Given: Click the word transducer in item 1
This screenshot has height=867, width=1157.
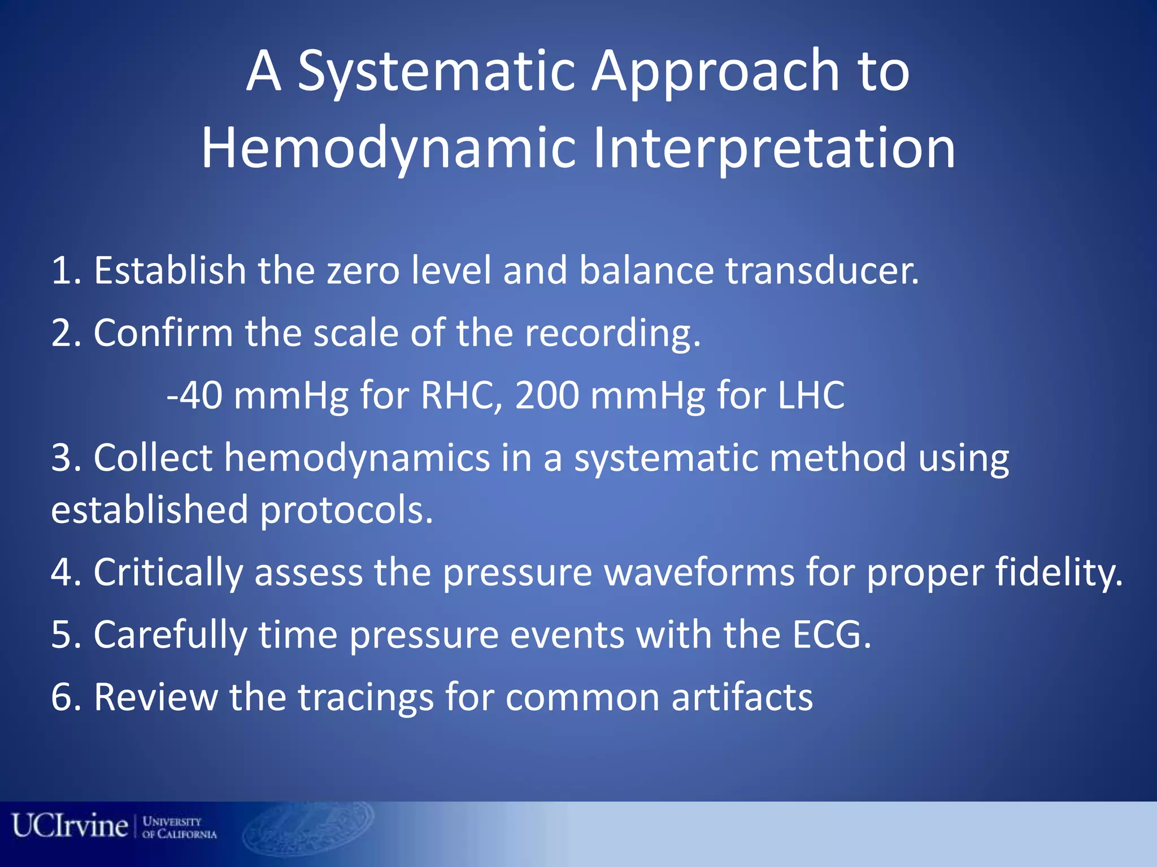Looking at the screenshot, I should point(822,271).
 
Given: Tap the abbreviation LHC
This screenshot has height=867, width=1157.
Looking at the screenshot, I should point(811,395).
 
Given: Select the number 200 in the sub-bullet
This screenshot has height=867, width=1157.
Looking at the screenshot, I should point(547,395).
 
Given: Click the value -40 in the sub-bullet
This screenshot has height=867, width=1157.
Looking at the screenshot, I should point(195,395).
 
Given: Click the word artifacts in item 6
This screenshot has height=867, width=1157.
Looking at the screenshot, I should point(742,698).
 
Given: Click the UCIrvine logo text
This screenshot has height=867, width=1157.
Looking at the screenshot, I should point(70,826).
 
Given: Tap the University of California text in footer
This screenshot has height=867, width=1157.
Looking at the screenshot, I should point(179,827).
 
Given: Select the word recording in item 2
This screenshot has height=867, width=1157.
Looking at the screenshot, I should point(612,333).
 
